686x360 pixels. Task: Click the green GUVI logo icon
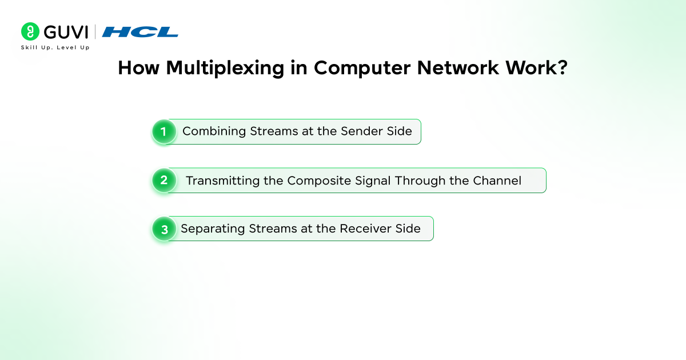pyautogui.click(x=30, y=32)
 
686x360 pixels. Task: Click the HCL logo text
pyautogui.click(x=140, y=32)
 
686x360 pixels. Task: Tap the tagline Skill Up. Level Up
pyautogui.click(x=55, y=47)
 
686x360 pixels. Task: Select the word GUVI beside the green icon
pyautogui.click(x=65, y=32)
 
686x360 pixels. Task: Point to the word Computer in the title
pyautogui.click(x=362, y=68)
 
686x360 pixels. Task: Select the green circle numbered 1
pyautogui.click(x=163, y=132)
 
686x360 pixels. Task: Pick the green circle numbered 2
pyautogui.click(x=163, y=181)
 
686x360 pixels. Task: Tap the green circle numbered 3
pyautogui.click(x=163, y=229)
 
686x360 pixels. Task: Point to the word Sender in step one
pyautogui.click(x=360, y=131)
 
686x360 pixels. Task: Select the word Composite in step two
pyautogui.click(x=315, y=181)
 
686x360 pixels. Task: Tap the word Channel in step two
pyautogui.click(x=497, y=181)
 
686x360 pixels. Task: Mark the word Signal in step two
pyautogui.click(x=366, y=181)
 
